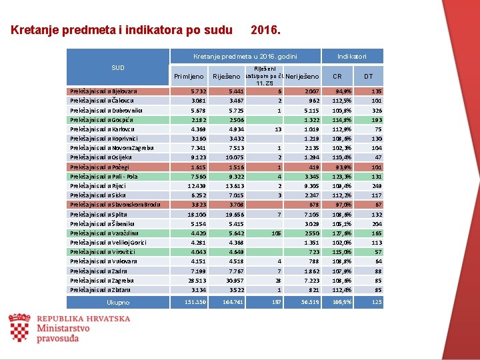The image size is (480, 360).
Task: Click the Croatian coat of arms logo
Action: click(19, 328)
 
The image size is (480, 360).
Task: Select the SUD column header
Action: click(118, 67)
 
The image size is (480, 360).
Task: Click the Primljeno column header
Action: click(188, 76)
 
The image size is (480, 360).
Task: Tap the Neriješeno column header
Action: click(302, 76)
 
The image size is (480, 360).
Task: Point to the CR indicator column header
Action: click(337, 76)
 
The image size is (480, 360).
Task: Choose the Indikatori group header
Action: click(351, 57)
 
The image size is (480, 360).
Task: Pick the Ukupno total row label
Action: click(118, 303)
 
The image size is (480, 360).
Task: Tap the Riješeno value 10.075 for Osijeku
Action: click(235, 157)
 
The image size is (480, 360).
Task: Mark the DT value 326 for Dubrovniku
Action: click(377, 110)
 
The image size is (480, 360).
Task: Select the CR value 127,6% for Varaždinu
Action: click(343, 233)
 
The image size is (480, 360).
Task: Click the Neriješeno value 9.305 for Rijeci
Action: click(311, 186)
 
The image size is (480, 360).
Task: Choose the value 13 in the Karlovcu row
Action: click(278, 129)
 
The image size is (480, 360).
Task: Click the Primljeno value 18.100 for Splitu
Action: click(197, 215)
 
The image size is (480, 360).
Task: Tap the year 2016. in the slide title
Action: click(265, 30)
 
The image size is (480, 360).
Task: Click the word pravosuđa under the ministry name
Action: click(59, 338)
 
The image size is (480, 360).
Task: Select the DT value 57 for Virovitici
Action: click(378, 252)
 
